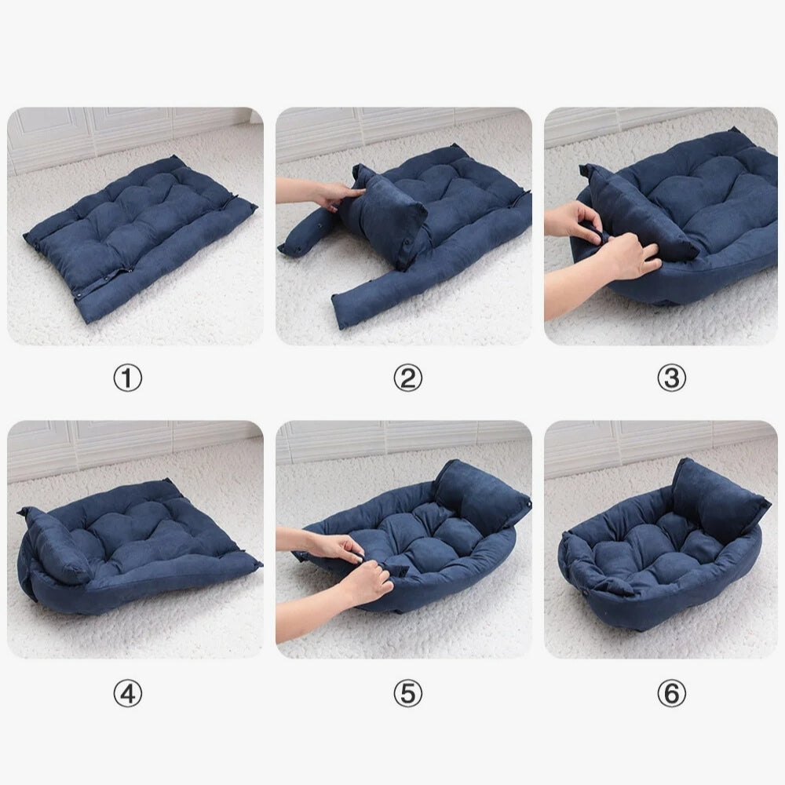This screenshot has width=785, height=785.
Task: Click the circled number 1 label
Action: point(128,379)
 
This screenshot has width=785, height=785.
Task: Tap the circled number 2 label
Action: point(407,379)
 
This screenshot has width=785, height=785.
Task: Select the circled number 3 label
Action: point(671,379)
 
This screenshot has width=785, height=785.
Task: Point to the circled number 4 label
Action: point(128,693)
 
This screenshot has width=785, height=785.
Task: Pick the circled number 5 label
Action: point(407,693)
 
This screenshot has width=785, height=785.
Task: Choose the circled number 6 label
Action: point(671,693)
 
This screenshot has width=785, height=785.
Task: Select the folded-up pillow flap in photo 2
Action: point(385,216)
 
